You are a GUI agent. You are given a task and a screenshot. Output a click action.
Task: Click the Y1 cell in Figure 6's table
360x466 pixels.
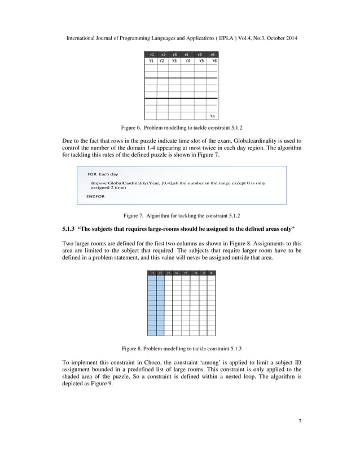pyautogui.click(x=151, y=60)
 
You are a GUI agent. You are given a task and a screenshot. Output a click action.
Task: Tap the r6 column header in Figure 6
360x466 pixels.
pyautogui.click(x=212, y=54)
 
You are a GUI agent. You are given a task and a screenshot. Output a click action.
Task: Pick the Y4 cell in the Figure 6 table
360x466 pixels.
pyautogui.click(x=187, y=60)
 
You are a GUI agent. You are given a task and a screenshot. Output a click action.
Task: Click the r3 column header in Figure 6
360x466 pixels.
pyautogui.click(x=174, y=54)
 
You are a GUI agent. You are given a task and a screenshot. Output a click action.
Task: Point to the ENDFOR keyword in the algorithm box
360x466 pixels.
pyautogui.click(x=95, y=196)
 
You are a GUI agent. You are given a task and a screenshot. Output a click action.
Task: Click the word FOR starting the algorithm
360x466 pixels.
pyautogui.click(x=92, y=174)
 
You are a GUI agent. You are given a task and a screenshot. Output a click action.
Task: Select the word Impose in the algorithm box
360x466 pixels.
pyautogui.click(x=99, y=183)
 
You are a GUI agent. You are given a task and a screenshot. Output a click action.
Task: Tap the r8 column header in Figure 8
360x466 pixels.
pyautogui.click(x=211, y=273)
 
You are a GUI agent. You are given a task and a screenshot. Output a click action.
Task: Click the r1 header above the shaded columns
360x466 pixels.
pyautogui.click(x=152, y=273)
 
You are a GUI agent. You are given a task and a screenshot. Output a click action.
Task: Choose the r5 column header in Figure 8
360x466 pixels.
pyautogui.click(x=185, y=273)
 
